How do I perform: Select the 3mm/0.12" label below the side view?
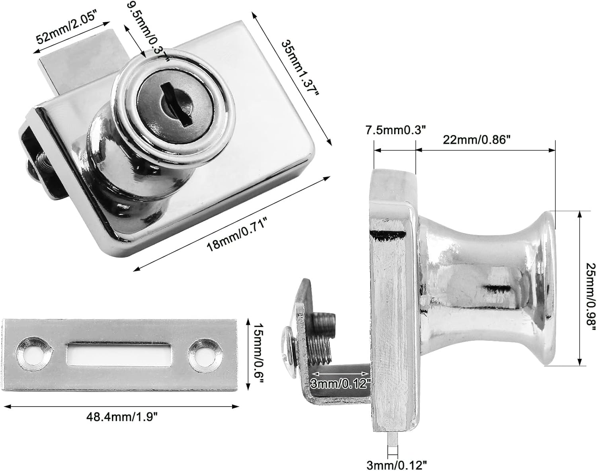[x=397, y=464]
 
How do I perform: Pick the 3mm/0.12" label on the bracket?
[x=341, y=383]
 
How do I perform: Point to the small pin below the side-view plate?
[x=392, y=440]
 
